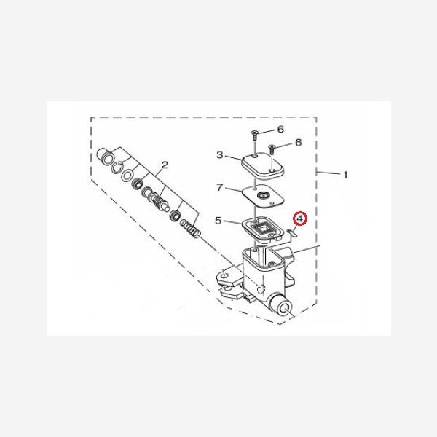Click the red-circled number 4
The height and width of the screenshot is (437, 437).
pos(299,219)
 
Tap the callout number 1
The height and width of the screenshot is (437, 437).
pos(345,175)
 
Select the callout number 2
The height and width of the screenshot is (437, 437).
pos(165,165)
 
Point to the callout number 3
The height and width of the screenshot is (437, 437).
pos(220,154)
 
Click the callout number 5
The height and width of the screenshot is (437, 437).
pos(219,221)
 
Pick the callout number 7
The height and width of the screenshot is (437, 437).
pos(220,187)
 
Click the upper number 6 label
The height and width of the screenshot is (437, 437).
pos(280,129)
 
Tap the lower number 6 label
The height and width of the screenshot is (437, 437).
pos(299,143)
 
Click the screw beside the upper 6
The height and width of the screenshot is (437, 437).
pos(255,135)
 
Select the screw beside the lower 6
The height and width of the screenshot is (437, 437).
pos(272,149)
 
